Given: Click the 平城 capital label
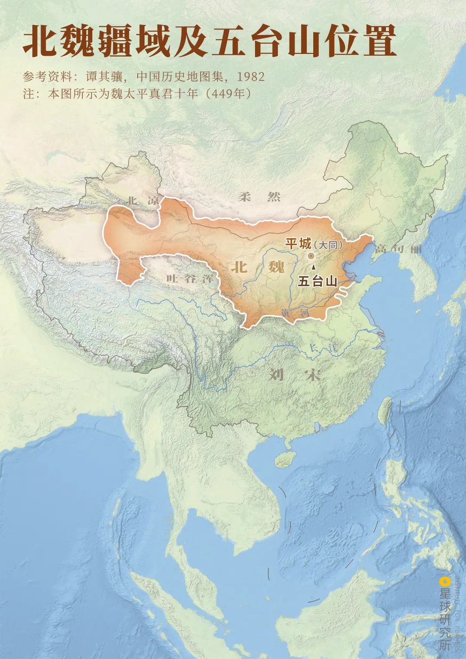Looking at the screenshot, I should (x=298, y=244).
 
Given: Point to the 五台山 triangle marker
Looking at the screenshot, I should (x=313, y=268).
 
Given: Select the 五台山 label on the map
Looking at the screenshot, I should (x=318, y=281).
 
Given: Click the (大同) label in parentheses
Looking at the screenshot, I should (x=328, y=245).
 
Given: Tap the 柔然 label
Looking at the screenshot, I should (x=259, y=197).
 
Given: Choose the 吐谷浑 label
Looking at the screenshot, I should (x=190, y=278).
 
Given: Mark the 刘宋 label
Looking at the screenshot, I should (x=295, y=375).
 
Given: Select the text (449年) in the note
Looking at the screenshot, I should (x=228, y=94).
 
